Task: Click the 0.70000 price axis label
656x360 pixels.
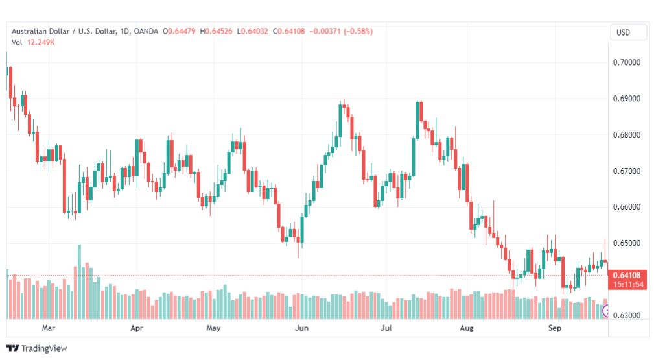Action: [x=626, y=62]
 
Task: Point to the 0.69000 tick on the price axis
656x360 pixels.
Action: [x=626, y=99]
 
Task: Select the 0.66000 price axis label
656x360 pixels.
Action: [x=626, y=207]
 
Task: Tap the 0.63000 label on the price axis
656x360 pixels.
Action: [x=626, y=315]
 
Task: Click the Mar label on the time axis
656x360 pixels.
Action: [x=49, y=328]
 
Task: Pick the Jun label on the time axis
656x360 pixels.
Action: [x=301, y=328]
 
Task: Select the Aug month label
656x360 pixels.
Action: [x=467, y=328]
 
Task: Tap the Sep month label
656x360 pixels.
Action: [x=555, y=328]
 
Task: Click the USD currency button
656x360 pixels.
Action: [x=623, y=32]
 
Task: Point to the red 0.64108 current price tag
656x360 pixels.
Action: [x=627, y=275]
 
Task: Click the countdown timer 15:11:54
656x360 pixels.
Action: [x=628, y=285]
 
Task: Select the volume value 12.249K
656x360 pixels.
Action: [x=41, y=42]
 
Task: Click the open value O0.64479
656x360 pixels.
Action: [x=179, y=31]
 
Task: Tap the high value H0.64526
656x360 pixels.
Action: [x=216, y=31]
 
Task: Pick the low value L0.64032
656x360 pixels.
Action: [x=252, y=31]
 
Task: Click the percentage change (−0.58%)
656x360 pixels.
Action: [x=358, y=31]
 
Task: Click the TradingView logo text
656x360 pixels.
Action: [x=44, y=348]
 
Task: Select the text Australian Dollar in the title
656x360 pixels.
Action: [x=41, y=31]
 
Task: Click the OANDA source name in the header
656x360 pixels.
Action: [x=146, y=31]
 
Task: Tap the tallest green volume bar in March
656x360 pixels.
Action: [x=80, y=282]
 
